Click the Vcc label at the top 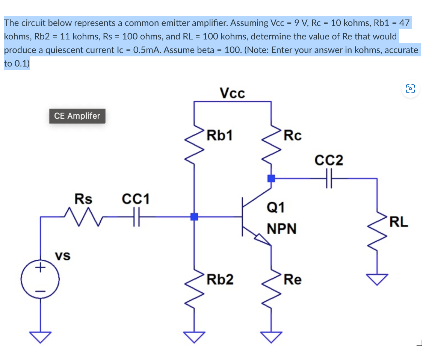coord(232,92)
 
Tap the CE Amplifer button coord(77,116)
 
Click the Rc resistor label coord(292,136)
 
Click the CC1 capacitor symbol coord(136,217)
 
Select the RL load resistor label coord(399,222)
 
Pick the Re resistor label coord(292,280)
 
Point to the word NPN coord(281,228)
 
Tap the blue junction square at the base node coord(194,217)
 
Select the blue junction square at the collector coord(270,178)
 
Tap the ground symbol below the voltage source coord(40,337)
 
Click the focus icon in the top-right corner coord(410,89)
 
